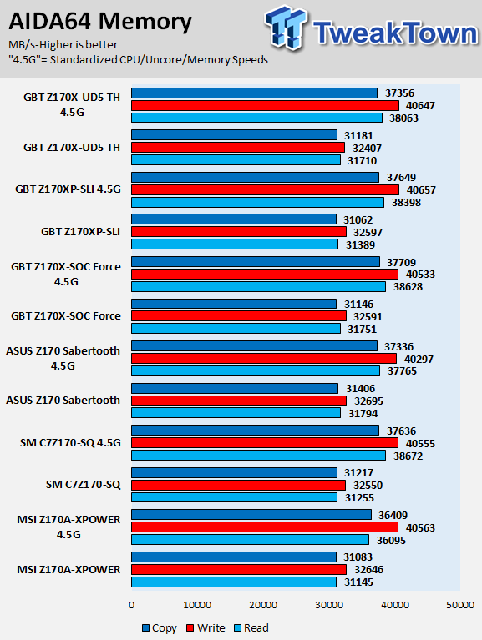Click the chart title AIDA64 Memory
pyautogui.click(x=99, y=22)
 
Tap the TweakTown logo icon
pyautogui.click(x=286, y=28)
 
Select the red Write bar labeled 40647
pyautogui.click(x=265, y=106)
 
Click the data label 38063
pyautogui.click(x=403, y=118)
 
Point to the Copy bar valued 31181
pyautogui.click(x=234, y=134)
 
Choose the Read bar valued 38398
pyautogui.click(x=257, y=203)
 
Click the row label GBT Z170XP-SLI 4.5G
pyautogui.click(x=68, y=189)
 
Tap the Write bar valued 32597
pyautogui.click(x=239, y=232)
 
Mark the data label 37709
pyautogui.click(x=402, y=262)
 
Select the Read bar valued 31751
pyautogui.click(x=236, y=329)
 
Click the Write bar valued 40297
pyautogui.click(x=264, y=358)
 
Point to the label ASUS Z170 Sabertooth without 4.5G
pyautogui.click(x=63, y=400)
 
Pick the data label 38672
pyautogui.click(x=408, y=456)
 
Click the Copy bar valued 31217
pyautogui.click(x=234, y=472)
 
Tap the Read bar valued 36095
pyautogui.click(x=250, y=540)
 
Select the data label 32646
pyautogui.click(x=368, y=569)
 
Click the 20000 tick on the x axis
pyautogui.click(x=263, y=605)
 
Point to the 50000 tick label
pyautogui.click(x=460, y=605)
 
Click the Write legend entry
pyautogui.click(x=205, y=627)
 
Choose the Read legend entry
pyautogui.click(x=251, y=627)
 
